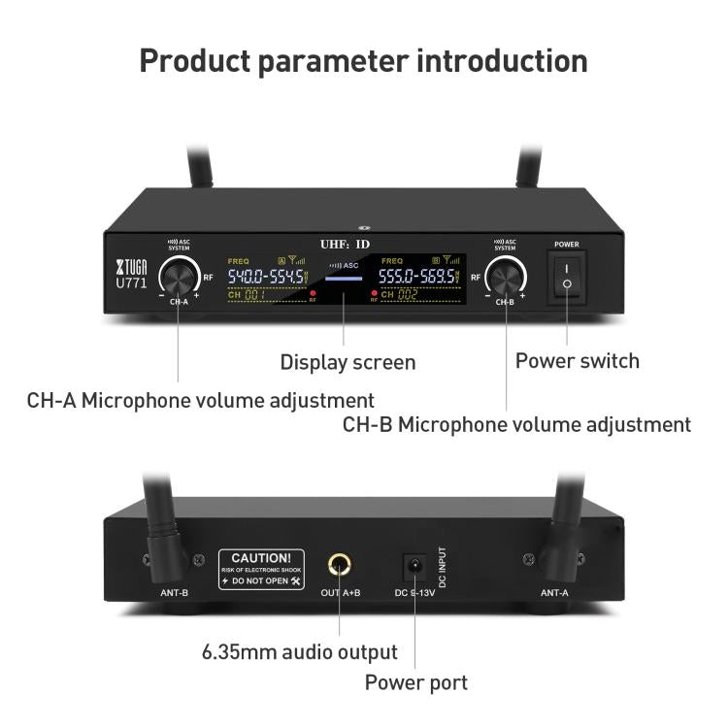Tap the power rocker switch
[x=568, y=275]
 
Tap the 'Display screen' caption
[x=347, y=362]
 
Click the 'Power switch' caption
[x=577, y=361]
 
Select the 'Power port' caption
[x=415, y=682]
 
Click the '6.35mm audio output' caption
[x=299, y=651]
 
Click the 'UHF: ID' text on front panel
[x=346, y=245]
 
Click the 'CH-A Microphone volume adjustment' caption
[x=200, y=399]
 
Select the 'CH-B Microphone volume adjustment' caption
[x=516, y=424]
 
